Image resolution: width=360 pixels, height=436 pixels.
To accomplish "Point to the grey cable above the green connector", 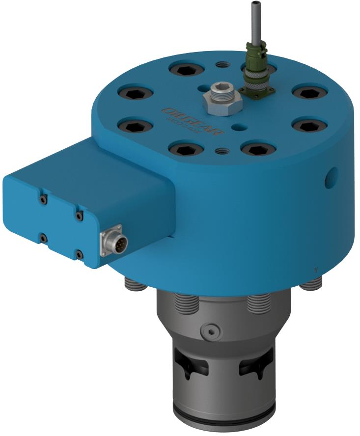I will click(x=254, y=25).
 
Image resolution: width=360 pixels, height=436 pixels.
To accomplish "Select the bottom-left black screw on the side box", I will click(x=43, y=239).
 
